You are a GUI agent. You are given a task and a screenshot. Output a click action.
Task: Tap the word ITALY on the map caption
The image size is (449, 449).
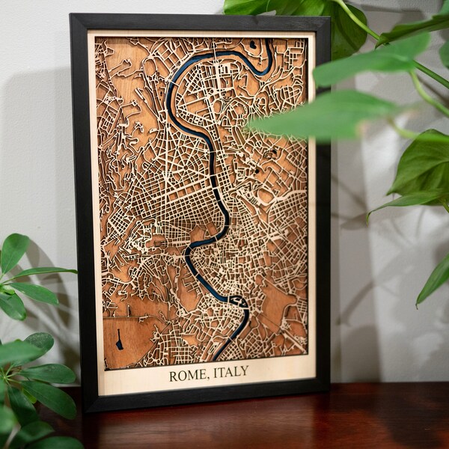(x=230, y=371)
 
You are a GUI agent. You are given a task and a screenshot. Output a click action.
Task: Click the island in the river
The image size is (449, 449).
(x=239, y=301)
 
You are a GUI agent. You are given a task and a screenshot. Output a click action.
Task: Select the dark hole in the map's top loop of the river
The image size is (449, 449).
(x=253, y=45)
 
